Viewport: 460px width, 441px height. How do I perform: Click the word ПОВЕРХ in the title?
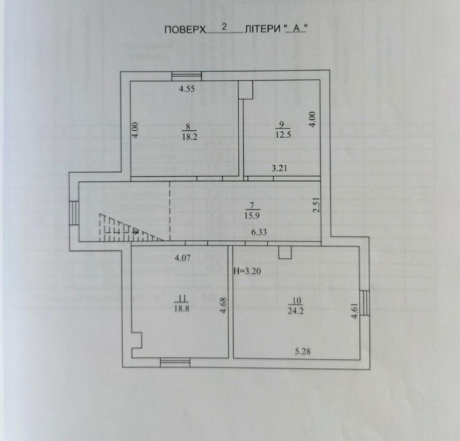click(185, 30)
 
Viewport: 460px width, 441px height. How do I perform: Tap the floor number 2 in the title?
click(224, 27)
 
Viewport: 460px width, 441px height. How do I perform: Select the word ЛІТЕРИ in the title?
click(262, 30)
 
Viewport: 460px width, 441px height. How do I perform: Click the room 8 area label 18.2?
click(189, 137)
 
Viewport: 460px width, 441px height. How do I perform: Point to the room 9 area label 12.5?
click(283, 135)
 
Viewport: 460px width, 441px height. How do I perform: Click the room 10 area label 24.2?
click(295, 311)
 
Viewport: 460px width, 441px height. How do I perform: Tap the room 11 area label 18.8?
click(181, 310)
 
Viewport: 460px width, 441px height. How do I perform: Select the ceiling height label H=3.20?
click(247, 271)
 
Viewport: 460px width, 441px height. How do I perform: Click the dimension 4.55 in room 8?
click(187, 89)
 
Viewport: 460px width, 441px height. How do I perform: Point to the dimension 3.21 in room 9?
click(279, 168)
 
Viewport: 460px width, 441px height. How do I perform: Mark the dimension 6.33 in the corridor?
click(259, 232)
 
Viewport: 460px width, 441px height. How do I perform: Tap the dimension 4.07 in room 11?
click(183, 258)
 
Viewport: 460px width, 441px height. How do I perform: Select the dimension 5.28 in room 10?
click(303, 351)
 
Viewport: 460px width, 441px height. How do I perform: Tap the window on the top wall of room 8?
click(187, 76)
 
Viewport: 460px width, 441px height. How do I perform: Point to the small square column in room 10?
click(285, 252)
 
